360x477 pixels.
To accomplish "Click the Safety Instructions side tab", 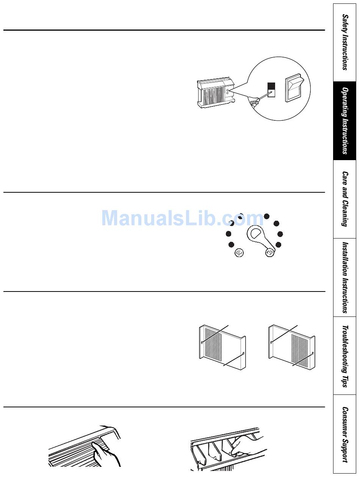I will (345, 42).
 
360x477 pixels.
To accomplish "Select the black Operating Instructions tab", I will (345, 121).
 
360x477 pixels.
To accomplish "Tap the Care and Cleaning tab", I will (345, 199).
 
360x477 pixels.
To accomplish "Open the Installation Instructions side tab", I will (345, 277).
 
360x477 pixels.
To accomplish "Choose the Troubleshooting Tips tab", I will (345, 356).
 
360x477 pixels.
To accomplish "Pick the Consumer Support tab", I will (345, 434).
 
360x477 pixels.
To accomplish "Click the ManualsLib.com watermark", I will (182, 218).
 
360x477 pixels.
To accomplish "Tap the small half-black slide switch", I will (271, 90).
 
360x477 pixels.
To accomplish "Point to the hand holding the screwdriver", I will (255, 101).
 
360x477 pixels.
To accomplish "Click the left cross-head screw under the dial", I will (239, 253).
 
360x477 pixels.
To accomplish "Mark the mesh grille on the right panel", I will (299, 351).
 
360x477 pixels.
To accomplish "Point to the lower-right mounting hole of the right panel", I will (312, 354).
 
